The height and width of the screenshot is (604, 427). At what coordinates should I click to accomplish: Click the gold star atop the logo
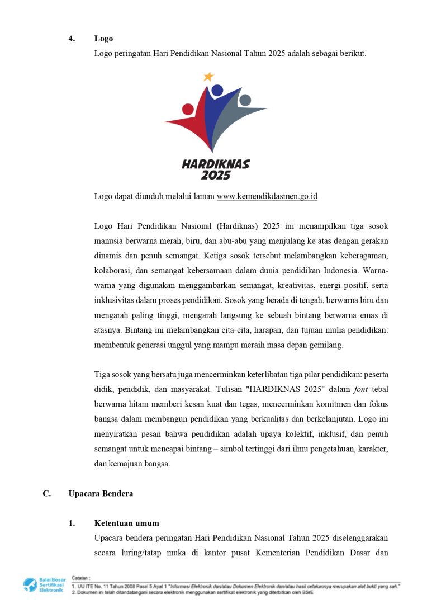[209, 77]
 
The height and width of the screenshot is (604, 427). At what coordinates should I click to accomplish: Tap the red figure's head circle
[188, 109]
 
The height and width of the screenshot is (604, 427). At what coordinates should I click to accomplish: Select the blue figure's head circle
[217, 91]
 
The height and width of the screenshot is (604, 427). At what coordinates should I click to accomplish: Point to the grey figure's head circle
[245, 100]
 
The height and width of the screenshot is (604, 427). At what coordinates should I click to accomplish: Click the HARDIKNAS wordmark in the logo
[216, 164]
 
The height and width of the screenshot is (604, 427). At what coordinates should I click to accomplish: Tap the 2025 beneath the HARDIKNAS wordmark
[216, 176]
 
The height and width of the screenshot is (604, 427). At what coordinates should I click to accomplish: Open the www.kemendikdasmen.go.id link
[267, 196]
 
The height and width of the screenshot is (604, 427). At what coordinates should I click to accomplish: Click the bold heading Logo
[103, 39]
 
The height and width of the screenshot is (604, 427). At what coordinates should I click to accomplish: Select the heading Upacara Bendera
[101, 494]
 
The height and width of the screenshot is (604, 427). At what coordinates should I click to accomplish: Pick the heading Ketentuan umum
[126, 523]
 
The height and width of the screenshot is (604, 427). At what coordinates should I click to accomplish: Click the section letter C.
[47, 494]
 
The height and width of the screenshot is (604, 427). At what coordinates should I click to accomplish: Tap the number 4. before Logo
[72, 39]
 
